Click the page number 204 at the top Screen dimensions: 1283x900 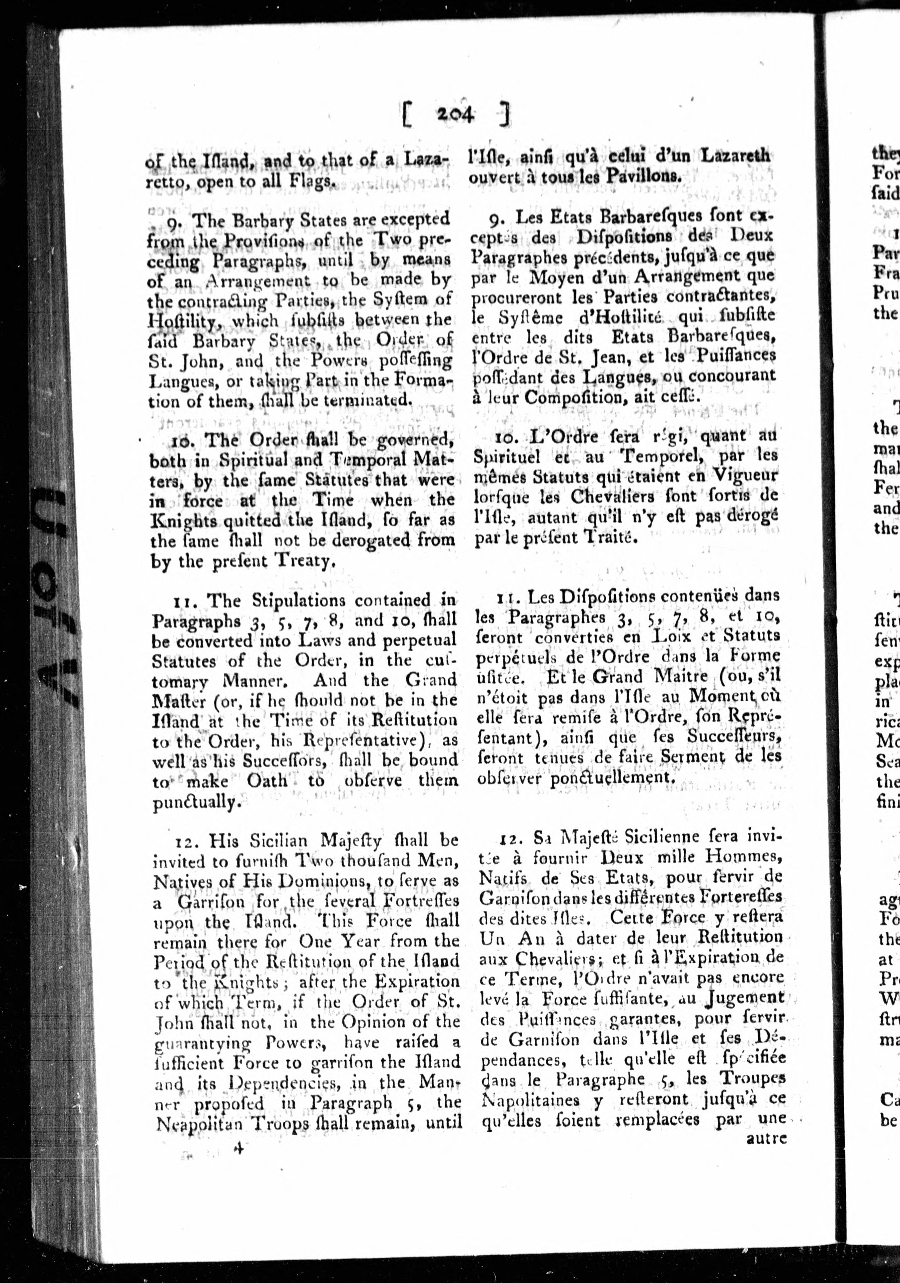456,115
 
